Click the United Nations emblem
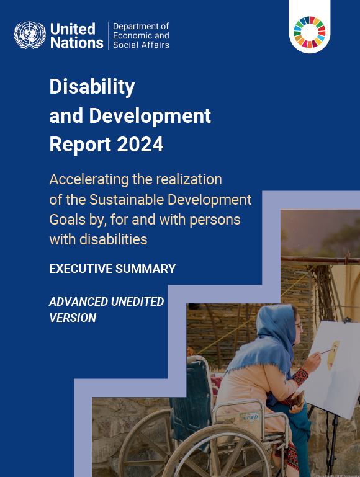click(29, 36)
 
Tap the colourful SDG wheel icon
click(310, 32)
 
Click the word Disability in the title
click(92, 87)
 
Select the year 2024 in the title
click(140, 144)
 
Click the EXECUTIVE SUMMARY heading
click(112, 269)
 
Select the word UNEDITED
click(137, 301)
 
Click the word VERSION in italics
click(73, 318)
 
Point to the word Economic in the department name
click(133, 36)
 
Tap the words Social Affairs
click(141, 45)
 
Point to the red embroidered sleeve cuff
click(300, 377)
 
